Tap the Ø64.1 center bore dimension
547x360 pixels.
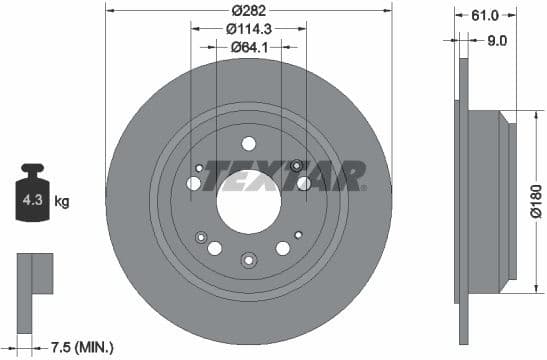pos(248,47)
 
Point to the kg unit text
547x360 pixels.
pos(61,202)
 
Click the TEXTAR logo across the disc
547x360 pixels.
pos(285,179)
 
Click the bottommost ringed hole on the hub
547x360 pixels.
pos(248,260)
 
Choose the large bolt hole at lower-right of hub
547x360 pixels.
pos(282,247)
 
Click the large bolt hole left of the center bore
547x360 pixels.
pos(193,183)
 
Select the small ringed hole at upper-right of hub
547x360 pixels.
pos(296,165)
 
